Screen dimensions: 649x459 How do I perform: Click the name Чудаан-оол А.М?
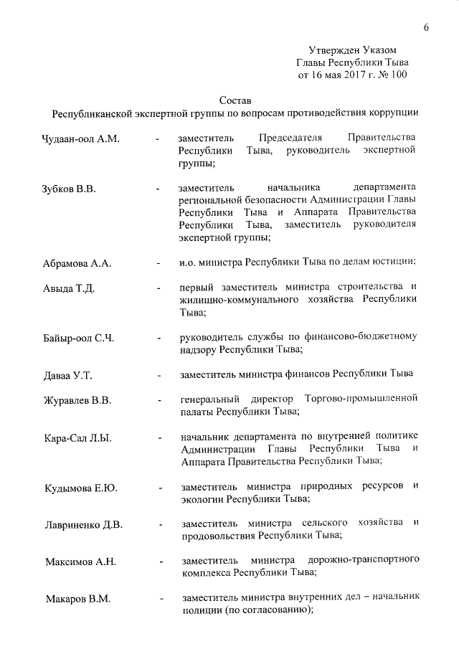pyautogui.click(x=80, y=138)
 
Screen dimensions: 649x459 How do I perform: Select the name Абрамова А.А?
pyautogui.click(x=77, y=263)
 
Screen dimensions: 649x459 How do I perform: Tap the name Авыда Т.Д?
pyautogui.click(x=70, y=289)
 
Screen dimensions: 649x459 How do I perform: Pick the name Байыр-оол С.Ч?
pyautogui.click(x=79, y=338)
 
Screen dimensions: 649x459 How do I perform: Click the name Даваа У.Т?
pyautogui.click(x=68, y=375)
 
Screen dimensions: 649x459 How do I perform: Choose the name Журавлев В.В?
pyautogui.click(x=77, y=400)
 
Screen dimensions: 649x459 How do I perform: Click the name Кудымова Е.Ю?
pyautogui.click(x=80, y=488)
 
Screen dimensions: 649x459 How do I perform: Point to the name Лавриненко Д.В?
pyautogui.click(x=83, y=525)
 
